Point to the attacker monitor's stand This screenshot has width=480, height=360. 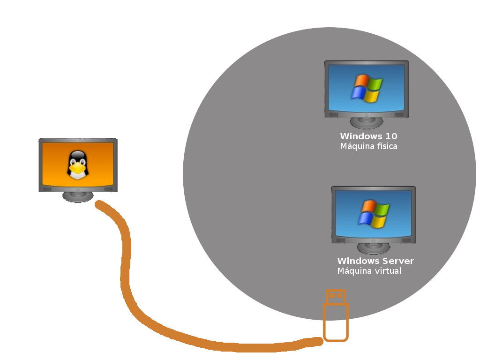pos(78,196)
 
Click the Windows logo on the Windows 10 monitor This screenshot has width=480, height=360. pos(367,88)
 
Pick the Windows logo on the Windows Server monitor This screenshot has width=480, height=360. pos(374,214)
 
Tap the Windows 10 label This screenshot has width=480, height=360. pos(368,136)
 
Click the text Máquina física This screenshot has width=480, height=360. pos(368,146)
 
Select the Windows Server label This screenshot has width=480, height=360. pos(375,261)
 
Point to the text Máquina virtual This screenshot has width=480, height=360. pos(369,271)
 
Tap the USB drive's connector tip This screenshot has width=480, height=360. pos(336,296)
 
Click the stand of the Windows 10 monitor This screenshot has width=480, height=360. pos(367,123)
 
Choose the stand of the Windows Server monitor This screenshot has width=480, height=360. pos(374,248)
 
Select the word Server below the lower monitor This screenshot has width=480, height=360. pos(398,261)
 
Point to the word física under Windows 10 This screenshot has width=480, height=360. pos(386,146)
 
